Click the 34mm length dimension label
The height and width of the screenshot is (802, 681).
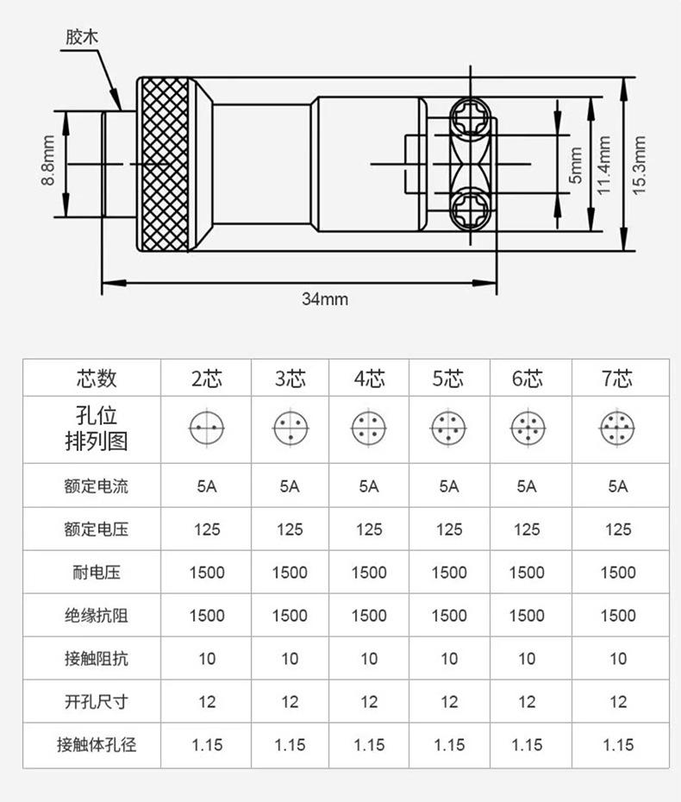325,298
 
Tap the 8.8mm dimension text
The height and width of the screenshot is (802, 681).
48,160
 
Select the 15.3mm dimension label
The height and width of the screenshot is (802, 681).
639,165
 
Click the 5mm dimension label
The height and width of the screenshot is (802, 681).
576,165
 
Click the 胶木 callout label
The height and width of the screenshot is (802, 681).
81,37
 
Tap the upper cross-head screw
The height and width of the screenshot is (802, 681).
471,117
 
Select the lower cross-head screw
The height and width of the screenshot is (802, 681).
471,210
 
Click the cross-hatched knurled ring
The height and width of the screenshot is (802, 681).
165,164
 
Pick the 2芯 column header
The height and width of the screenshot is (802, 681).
207,379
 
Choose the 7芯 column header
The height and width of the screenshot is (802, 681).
617,379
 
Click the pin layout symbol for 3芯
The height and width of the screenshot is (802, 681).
291,428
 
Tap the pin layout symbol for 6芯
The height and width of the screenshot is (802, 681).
528,428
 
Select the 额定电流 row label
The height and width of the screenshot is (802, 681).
97,486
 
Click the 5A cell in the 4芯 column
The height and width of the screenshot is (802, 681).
369,486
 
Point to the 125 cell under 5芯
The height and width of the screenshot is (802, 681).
449,529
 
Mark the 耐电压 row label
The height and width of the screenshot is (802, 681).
97,572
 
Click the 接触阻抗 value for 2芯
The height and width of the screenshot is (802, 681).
207,658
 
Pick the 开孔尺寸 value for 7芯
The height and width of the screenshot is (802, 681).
617,701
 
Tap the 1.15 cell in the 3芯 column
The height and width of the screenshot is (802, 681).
290,745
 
